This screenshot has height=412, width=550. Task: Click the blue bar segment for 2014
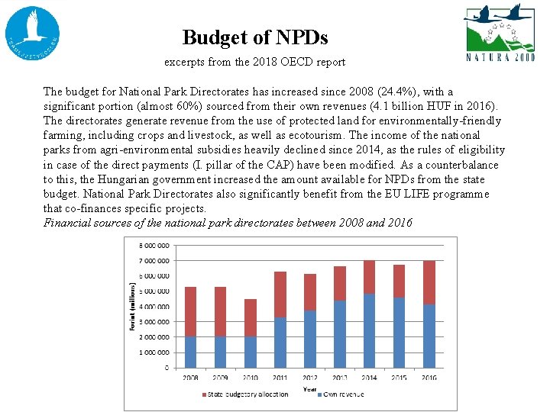(x=369, y=330)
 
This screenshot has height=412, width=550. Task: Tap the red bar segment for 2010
(x=250, y=317)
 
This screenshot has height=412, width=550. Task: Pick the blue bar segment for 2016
(x=429, y=336)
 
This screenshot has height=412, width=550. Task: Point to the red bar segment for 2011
(x=280, y=295)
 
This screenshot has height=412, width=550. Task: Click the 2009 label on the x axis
(x=221, y=377)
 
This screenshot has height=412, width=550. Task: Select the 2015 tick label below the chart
(x=399, y=377)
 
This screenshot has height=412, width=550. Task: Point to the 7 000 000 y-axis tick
(x=154, y=261)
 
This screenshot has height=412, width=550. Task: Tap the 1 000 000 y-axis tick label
(x=154, y=352)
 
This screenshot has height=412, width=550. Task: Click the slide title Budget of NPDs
(x=255, y=37)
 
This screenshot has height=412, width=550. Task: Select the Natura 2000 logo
(x=500, y=34)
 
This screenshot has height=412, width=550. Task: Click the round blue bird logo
(x=32, y=34)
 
